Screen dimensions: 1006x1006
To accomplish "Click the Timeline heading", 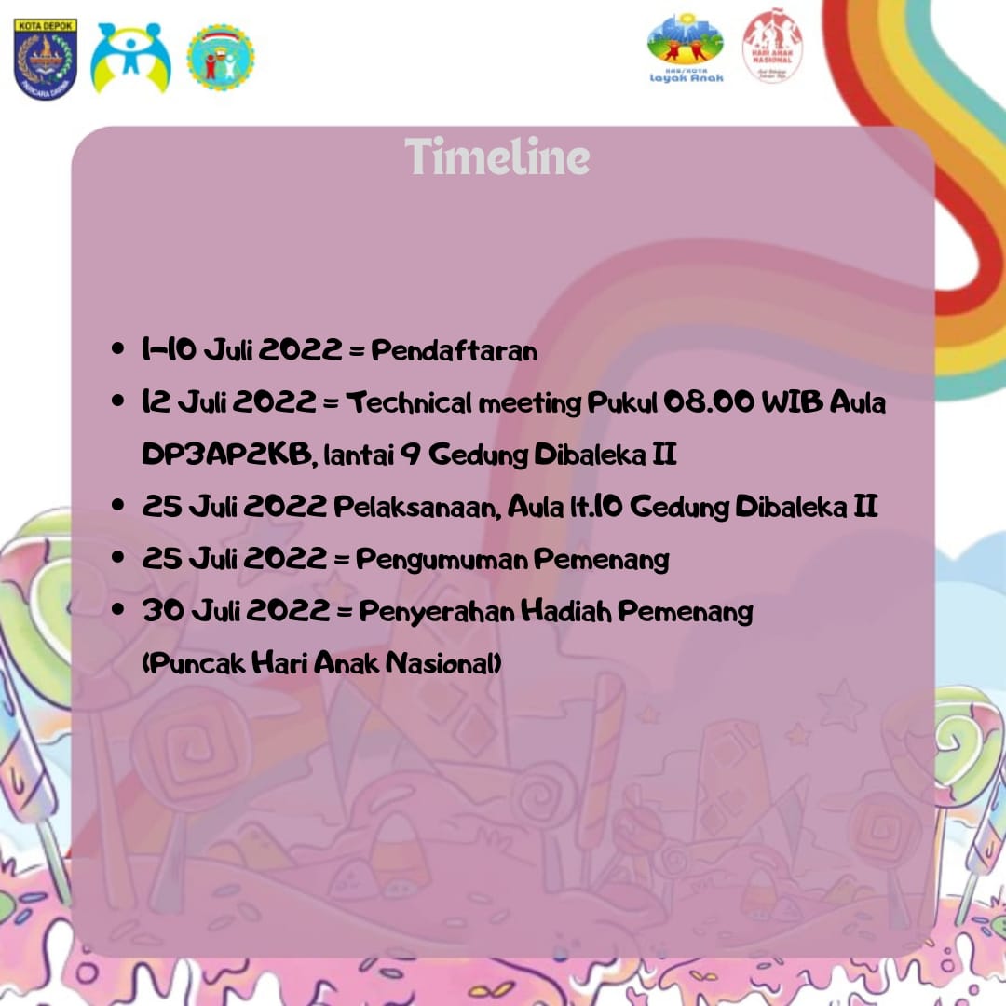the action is click(497, 156).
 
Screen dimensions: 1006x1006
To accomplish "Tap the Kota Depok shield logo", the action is click(45, 59).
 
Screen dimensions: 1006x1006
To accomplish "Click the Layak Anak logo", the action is click(686, 49).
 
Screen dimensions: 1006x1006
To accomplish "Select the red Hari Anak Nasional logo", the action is click(772, 47).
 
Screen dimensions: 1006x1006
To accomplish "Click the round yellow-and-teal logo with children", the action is click(220, 58).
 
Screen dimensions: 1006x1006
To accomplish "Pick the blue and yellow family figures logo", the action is click(130, 59).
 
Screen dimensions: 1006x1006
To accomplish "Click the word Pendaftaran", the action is click(455, 351).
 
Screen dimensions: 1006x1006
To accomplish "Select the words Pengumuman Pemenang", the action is click(512, 560).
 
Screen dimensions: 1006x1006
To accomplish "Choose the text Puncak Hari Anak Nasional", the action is click(322, 664).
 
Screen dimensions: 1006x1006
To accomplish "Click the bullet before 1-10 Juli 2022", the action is click(117, 350).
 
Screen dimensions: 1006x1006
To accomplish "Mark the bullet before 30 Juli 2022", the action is click(117, 611).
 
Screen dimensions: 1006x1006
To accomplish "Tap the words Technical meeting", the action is click(464, 403).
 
